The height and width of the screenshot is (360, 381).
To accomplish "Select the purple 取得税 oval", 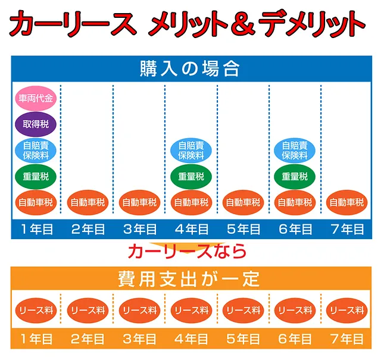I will (35, 125).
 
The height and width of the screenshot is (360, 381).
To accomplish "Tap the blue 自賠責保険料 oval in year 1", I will (35, 151).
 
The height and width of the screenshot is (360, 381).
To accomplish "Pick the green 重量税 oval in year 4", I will (190, 177).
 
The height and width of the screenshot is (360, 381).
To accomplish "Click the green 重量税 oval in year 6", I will (294, 177).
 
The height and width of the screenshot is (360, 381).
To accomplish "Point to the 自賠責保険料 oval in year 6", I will (294, 151).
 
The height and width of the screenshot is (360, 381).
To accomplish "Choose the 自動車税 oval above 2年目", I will (88, 202).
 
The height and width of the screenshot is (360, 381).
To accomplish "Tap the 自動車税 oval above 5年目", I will (242, 202).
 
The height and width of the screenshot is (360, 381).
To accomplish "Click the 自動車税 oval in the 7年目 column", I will (346, 202).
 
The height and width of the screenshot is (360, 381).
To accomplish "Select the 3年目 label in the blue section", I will (139, 229).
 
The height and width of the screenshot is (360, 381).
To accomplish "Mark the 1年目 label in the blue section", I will (36, 229).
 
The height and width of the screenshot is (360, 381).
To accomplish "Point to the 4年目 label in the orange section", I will (190, 339).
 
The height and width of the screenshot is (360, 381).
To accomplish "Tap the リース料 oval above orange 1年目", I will (36, 310).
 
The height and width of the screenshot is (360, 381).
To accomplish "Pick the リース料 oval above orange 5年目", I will (242, 310).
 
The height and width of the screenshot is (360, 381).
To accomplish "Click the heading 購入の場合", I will (190, 68).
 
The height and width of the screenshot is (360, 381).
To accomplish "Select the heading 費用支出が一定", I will (190, 278).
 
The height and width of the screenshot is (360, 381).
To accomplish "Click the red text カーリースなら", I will (187, 250).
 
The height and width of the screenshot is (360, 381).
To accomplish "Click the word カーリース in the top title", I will (71, 24).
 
